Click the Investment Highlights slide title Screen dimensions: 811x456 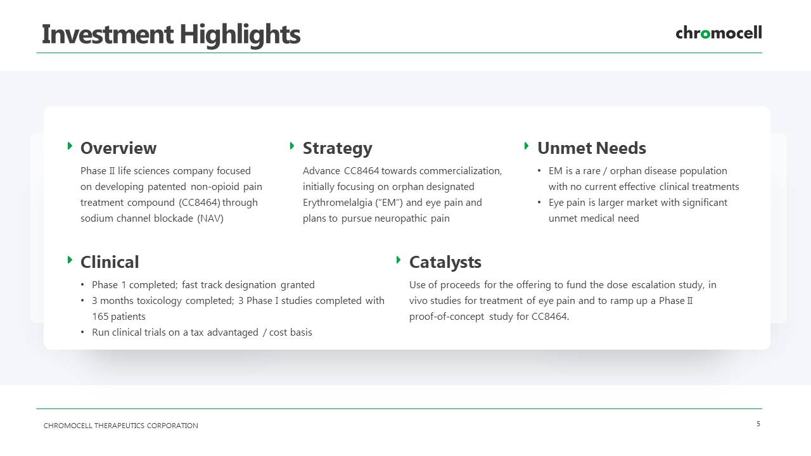click(171, 35)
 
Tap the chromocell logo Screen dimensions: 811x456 click(718, 32)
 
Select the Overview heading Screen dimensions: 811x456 click(118, 148)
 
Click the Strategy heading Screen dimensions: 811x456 click(338, 149)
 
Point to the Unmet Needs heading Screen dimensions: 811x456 click(592, 148)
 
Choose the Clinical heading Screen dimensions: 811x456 click(110, 262)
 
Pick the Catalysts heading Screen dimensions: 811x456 click(445, 262)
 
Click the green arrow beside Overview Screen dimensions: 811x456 click(70, 146)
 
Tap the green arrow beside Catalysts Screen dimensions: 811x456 click(399, 260)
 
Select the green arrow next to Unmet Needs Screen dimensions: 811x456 click(527, 146)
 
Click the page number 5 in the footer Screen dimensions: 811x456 click(758, 424)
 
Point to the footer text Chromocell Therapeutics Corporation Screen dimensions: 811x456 click(120, 426)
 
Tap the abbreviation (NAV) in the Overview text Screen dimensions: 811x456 click(210, 218)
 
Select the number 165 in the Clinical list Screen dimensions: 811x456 click(100, 317)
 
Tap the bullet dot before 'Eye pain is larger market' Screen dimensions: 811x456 click(539, 202)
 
